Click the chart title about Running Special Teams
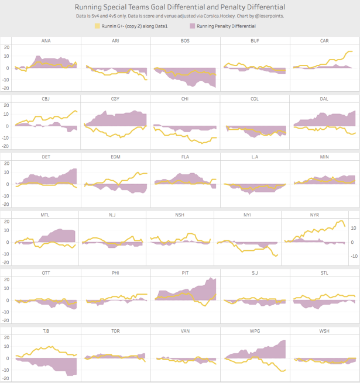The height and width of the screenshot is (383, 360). click(x=180, y=6)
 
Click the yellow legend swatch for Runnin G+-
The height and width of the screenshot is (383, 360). click(x=97, y=26)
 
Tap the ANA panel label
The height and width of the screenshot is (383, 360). click(x=46, y=40)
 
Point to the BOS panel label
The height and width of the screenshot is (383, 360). click(x=185, y=40)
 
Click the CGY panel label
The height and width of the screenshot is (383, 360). click(x=115, y=99)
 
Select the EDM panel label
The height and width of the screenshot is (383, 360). click(x=115, y=157)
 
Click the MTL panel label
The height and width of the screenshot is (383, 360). click(x=45, y=215)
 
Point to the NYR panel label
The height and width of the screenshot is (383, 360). click(x=314, y=215)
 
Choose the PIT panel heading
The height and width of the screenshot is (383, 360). click(x=185, y=272)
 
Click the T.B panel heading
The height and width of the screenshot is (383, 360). click(x=46, y=331)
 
